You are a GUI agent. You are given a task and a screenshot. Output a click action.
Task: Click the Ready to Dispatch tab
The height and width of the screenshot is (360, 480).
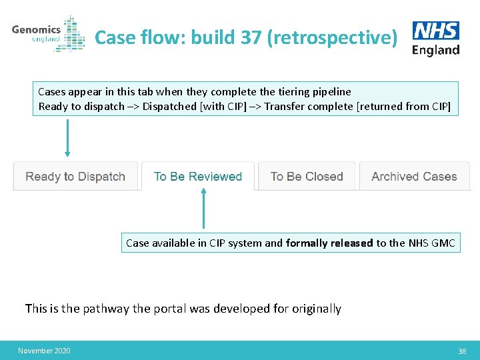[75, 177]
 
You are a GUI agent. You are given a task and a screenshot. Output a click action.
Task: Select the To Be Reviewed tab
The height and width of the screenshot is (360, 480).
[197, 177]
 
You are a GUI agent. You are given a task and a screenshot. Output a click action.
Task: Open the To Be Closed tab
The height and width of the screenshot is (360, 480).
[307, 177]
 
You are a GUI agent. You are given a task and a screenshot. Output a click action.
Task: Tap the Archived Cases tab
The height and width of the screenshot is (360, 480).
[414, 177]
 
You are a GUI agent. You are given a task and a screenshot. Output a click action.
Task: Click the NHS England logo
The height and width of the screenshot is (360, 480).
[436, 38]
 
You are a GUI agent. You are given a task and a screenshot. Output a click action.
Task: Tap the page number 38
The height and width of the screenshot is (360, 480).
[462, 351]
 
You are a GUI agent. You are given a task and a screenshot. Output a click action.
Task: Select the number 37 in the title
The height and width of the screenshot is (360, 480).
[251, 37]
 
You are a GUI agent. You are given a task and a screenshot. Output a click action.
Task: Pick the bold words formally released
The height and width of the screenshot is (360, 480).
[329, 243]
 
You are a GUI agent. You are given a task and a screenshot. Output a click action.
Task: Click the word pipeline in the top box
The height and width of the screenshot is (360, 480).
[331, 91]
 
